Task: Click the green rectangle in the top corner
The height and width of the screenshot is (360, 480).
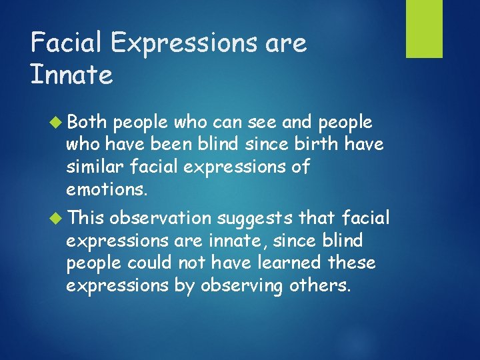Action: point(425,29)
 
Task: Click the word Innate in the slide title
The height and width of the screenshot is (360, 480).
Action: point(71,75)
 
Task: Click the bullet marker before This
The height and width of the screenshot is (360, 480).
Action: point(55,218)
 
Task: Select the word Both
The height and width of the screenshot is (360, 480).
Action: point(87,123)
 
